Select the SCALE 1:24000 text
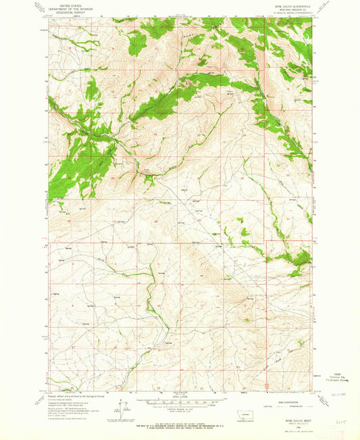pos(180,395)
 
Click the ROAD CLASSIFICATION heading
pos(290,395)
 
